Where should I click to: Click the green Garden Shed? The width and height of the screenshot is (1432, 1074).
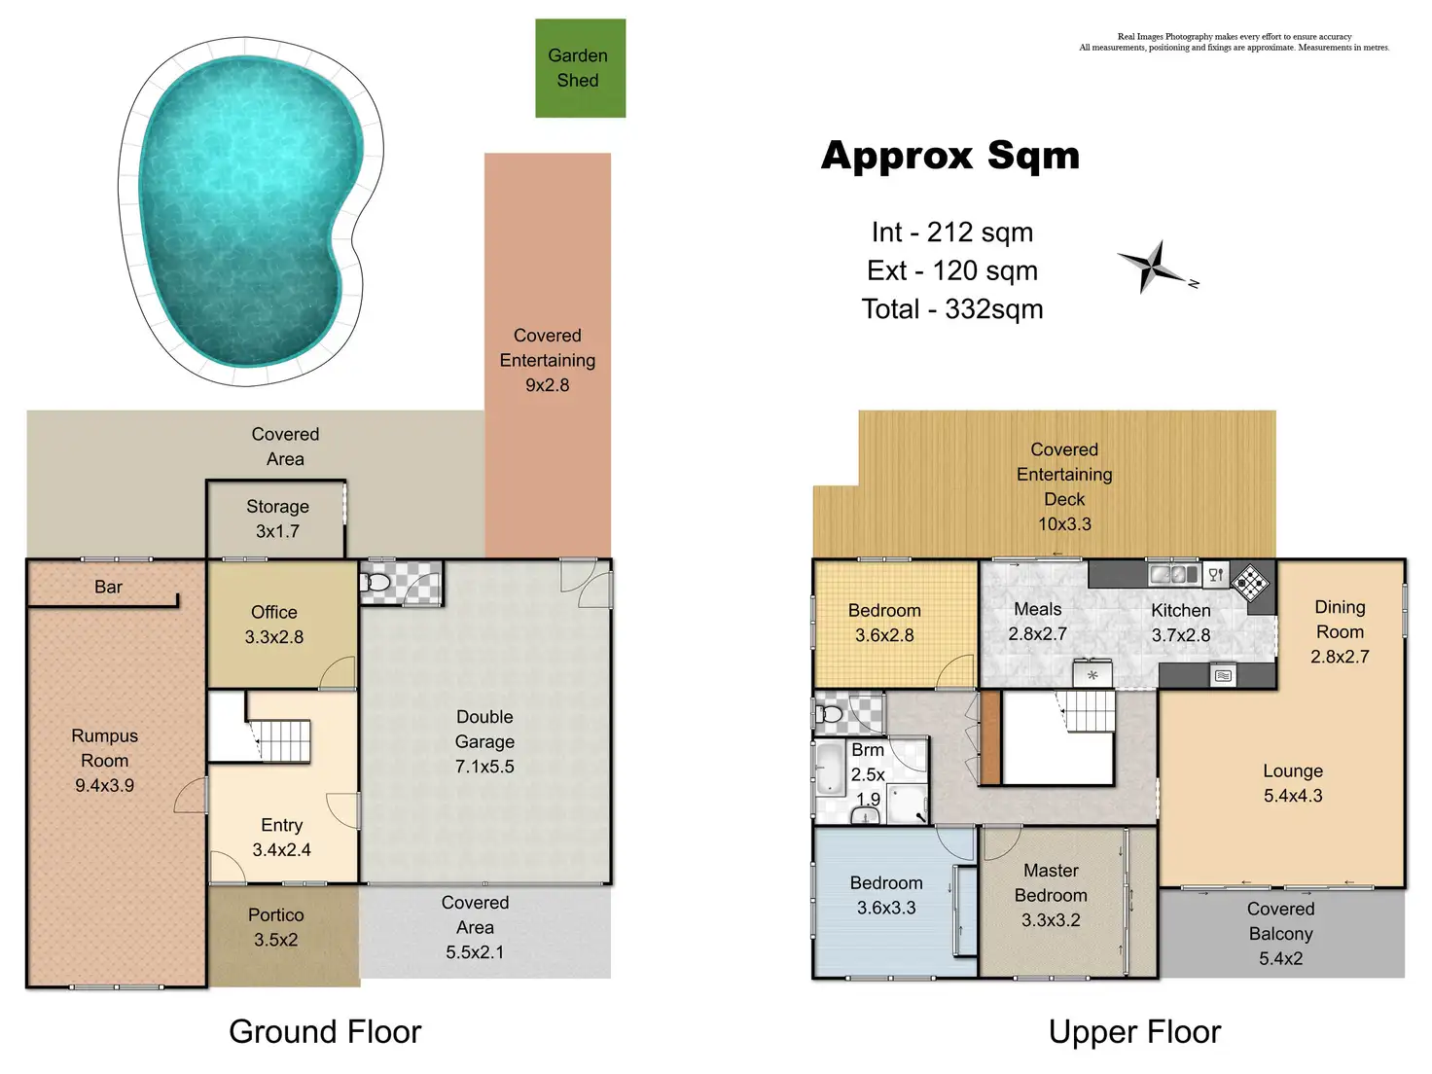[x=580, y=68]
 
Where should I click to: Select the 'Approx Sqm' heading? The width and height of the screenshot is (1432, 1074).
[x=950, y=156]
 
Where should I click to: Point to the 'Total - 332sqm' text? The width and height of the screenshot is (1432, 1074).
[x=952, y=309]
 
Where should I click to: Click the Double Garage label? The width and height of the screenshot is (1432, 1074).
[x=484, y=741]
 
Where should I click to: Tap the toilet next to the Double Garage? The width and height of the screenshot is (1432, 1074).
[x=377, y=583]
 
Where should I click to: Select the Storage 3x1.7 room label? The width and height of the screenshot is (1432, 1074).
[x=277, y=519]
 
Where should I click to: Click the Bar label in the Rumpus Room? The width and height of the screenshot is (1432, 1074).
[x=108, y=587]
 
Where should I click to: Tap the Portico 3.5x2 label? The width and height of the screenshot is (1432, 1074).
[x=275, y=927]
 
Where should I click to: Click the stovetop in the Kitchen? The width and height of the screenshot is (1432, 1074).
[x=1249, y=583]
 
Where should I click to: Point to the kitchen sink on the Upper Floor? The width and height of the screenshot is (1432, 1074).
[x=1173, y=574]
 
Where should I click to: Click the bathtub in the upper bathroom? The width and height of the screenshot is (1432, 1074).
[x=829, y=770]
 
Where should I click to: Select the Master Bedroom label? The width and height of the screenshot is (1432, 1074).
[x=1051, y=895]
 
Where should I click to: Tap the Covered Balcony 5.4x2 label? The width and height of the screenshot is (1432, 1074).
[x=1280, y=933]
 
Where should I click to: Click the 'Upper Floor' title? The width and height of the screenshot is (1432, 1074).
[x=1134, y=1031]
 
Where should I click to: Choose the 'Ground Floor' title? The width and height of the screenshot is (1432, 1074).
[x=325, y=1031]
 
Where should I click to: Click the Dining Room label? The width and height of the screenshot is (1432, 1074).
[x=1340, y=631]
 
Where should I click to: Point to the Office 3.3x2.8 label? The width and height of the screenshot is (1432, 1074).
[x=274, y=625]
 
